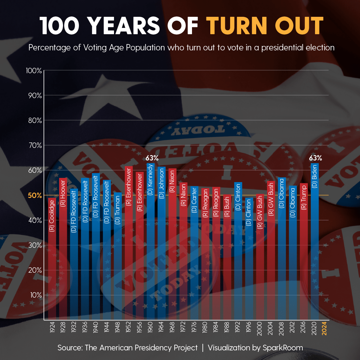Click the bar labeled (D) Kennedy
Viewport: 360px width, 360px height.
(151, 240)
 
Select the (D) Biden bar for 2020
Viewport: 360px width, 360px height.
(315, 240)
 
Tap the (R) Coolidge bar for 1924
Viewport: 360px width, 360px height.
(52, 258)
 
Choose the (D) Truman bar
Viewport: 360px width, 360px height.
(118, 255)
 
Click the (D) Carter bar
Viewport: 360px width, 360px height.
(194, 252)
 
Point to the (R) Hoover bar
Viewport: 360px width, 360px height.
(63, 249)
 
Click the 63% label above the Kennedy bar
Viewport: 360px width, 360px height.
(152, 158)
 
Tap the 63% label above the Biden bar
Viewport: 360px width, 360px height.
(315, 158)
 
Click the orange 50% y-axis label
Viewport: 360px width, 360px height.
(35, 196)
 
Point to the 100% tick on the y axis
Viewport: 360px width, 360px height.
(34, 71)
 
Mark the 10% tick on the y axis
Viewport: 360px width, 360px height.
(36, 295)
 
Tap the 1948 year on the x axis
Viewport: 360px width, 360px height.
(118, 328)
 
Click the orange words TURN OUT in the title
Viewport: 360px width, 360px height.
(265, 26)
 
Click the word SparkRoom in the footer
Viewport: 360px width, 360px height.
(283, 348)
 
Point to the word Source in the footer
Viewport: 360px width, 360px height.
(70, 348)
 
